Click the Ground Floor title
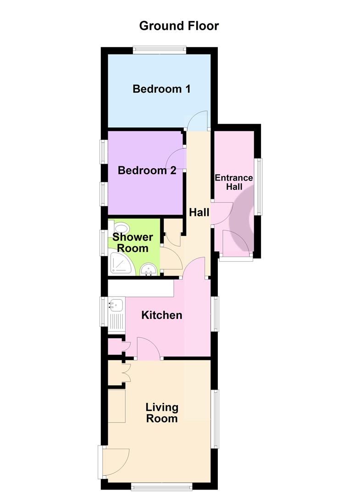[179, 26]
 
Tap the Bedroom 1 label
[161, 88]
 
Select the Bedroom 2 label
[147, 170]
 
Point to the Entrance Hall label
[234, 182]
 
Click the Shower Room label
[133, 243]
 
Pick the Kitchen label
[161, 315]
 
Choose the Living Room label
[161, 412]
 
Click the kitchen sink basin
[116, 303]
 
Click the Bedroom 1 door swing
[199, 121]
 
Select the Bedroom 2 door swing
[179, 159]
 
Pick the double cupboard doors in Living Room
[125, 372]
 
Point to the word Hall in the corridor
[199, 212]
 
